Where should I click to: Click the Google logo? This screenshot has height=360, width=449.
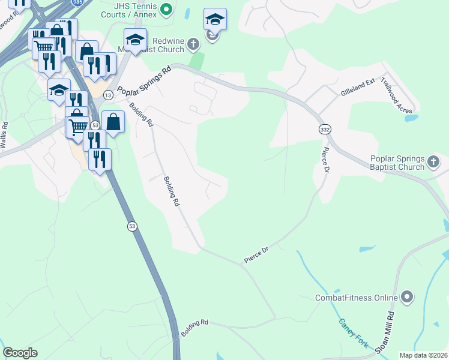click(x=20, y=353)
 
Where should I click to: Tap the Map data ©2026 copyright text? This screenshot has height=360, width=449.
click(x=423, y=355)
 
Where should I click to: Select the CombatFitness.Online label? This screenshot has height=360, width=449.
click(x=357, y=297)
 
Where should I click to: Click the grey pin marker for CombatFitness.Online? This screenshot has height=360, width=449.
click(x=407, y=296)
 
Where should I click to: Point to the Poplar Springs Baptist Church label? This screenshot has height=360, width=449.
click(x=397, y=163)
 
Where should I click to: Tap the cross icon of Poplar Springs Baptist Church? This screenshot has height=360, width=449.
click(x=434, y=161)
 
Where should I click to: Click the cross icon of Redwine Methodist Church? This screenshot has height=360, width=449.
click(x=193, y=43)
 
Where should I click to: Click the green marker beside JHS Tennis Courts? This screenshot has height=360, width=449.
click(x=167, y=8)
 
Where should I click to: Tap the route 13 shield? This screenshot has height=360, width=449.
click(x=108, y=95)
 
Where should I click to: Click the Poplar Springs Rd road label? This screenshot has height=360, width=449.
click(x=144, y=81)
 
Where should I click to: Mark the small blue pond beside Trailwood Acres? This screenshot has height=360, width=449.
click(x=411, y=118)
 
